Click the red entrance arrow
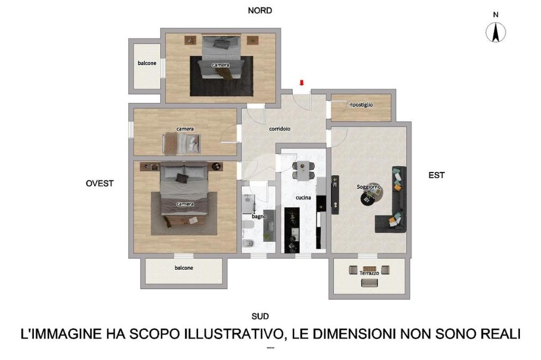[x=302, y=83]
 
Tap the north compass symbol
[x=496, y=32]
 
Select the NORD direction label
[x=260, y=11]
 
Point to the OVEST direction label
[x=100, y=184]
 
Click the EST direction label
[x=436, y=175]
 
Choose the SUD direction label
[x=260, y=316]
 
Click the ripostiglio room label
[x=361, y=105]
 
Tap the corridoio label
[x=279, y=129]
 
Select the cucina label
[x=303, y=197]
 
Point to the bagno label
[x=259, y=216]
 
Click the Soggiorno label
[x=368, y=187]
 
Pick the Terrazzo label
[x=369, y=273]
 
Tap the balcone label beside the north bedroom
[x=147, y=63]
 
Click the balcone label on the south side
[x=183, y=268]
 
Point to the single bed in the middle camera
[x=182, y=143]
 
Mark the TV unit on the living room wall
[x=335, y=195]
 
